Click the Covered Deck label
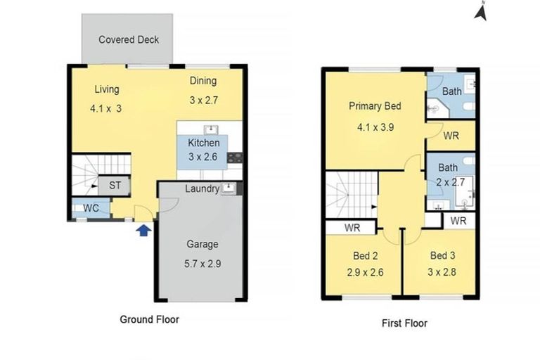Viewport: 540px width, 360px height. tap(129, 39)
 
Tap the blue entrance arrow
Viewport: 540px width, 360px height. tap(143, 229)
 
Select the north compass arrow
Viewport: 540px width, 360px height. tap(482, 13)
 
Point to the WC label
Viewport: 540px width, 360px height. tap(91, 209)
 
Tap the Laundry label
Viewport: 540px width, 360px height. tap(202, 188)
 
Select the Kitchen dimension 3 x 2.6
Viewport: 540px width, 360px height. tap(203, 156)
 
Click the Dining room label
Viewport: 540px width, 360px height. tap(203, 81)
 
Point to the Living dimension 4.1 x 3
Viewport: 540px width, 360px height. tap(105, 108)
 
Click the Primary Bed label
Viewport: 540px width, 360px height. tap(375, 106)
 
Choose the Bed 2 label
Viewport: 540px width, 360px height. tap(365, 255)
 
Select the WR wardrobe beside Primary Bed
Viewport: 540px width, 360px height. tap(451, 136)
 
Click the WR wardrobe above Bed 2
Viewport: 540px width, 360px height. tap(352, 229)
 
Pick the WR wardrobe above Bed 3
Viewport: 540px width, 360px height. tap(458, 221)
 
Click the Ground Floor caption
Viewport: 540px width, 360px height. tap(150, 319)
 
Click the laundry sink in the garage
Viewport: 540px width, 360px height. tap(227, 188)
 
